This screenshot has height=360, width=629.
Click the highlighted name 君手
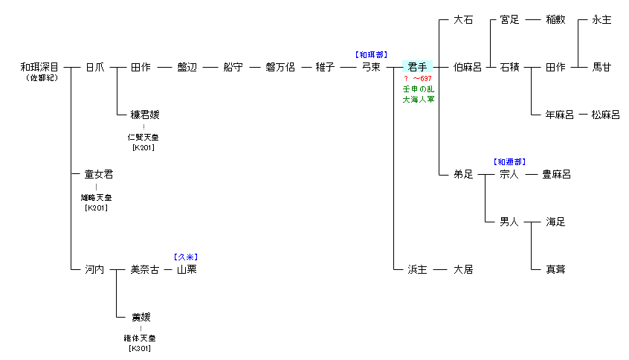[417, 67]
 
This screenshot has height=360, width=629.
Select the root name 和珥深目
[39, 67]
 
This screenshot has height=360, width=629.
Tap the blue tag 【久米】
[186, 257]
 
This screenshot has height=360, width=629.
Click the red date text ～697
[422, 79]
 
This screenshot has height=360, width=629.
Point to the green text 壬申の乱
[419, 89]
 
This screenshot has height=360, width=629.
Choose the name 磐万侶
[280, 67]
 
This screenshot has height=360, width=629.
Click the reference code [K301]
[140, 348]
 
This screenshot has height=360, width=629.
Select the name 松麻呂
[605, 115]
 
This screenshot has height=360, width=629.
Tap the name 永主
[601, 19]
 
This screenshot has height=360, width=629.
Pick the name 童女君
[99, 174]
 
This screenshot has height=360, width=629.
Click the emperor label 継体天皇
[140, 338]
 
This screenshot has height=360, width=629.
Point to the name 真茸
[555, 269]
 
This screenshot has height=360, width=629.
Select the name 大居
[463, 269]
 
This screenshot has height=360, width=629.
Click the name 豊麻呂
[556, 174]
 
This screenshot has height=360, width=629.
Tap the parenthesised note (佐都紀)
[42, 78]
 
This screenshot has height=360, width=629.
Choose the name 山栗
[187, 269]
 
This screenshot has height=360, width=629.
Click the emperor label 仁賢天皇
[143, 138]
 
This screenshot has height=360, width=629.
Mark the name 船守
[233, 67]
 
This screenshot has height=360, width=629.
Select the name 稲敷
[555, 19]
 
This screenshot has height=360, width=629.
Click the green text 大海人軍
[419, 99]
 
